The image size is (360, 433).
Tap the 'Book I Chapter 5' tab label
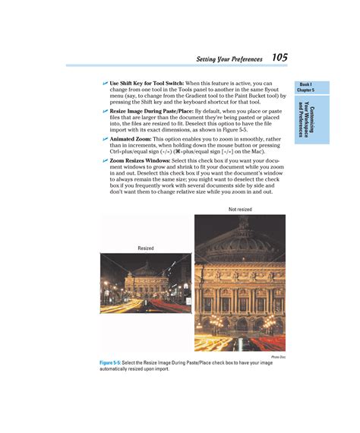tap(306, 87)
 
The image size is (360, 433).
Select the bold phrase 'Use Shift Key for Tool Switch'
tap(147, 84)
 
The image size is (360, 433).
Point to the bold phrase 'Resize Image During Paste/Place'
tap(150, 111)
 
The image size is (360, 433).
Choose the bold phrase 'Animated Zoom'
tap(130, 140)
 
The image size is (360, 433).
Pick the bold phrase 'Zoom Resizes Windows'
tap(139, 161)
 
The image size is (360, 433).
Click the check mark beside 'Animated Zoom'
tap(105, 140)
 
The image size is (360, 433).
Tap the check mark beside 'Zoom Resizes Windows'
tap(105, 161)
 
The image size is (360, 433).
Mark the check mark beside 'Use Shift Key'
tap(105, 84)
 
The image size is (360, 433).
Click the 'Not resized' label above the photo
tap(239, 209)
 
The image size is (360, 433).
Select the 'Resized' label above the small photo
tap(146, 248)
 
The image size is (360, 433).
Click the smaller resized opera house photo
tap(145, 283)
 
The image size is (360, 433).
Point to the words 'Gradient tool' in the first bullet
tap(186, 96)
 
